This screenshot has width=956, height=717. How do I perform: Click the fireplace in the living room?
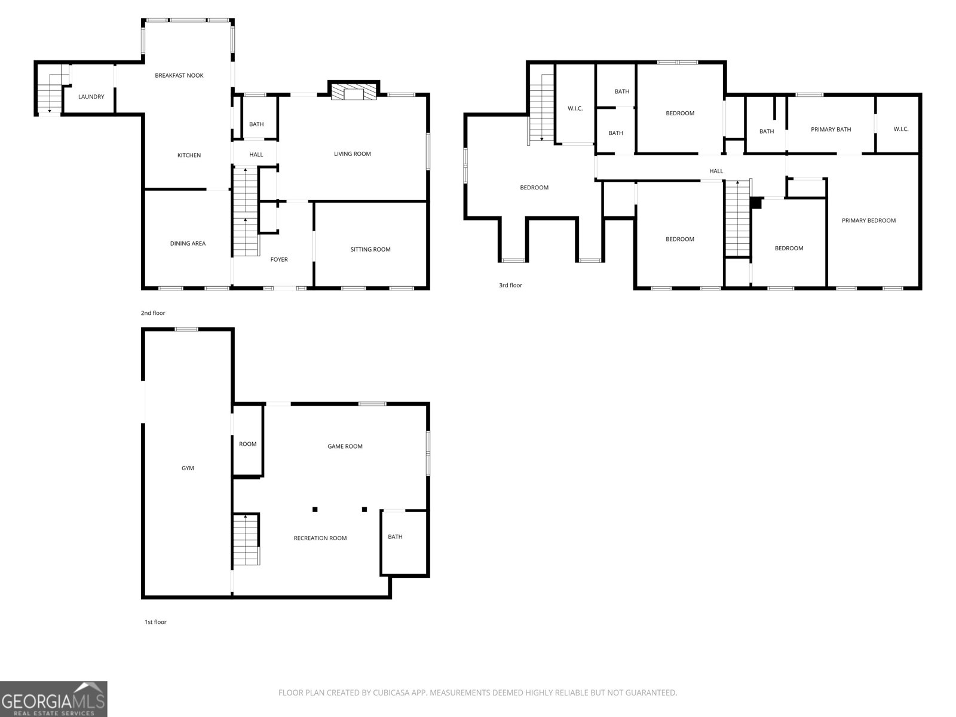click(353, 91)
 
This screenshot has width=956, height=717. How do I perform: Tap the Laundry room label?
click(91, 97)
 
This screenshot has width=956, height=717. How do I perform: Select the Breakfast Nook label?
click(179, 75)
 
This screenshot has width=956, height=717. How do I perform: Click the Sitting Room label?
click(370, 249)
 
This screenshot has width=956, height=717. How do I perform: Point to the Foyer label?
click(279, 259)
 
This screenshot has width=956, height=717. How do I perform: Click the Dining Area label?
click(188, 243)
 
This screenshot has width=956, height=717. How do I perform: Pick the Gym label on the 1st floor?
click(188, 468)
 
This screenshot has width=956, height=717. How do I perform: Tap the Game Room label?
click(345, 446)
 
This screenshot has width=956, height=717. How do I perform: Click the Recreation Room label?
click(320, 538)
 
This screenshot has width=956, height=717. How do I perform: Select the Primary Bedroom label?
click(868, 220)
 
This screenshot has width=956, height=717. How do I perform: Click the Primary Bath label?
click(831, 129)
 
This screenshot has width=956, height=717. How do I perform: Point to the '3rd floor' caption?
click(510, 285)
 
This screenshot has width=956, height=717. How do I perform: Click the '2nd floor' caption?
click(153, 313)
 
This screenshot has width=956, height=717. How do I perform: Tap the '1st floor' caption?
click(155, 622)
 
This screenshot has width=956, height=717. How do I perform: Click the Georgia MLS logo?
click(54, 699)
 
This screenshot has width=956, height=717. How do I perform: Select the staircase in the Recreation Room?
click(246, 540)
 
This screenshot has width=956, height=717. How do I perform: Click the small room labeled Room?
click(247, 440)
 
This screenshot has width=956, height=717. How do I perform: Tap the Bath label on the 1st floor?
click(395, 537)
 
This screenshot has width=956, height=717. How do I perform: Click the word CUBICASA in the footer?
click(391, 693)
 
